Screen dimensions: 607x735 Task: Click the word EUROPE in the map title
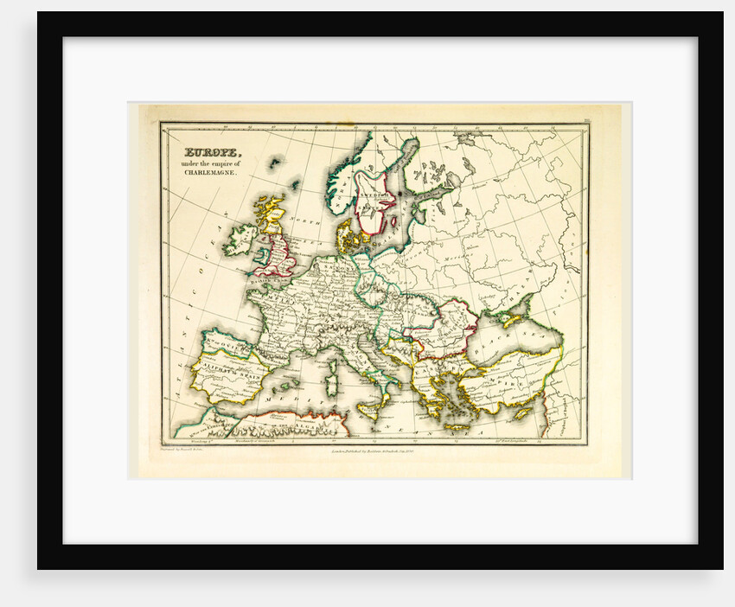point(207,148)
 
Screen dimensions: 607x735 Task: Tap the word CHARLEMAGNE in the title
point(208,173)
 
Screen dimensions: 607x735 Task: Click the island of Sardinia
point(330,377)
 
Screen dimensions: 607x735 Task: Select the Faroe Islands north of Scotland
point(276,162)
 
